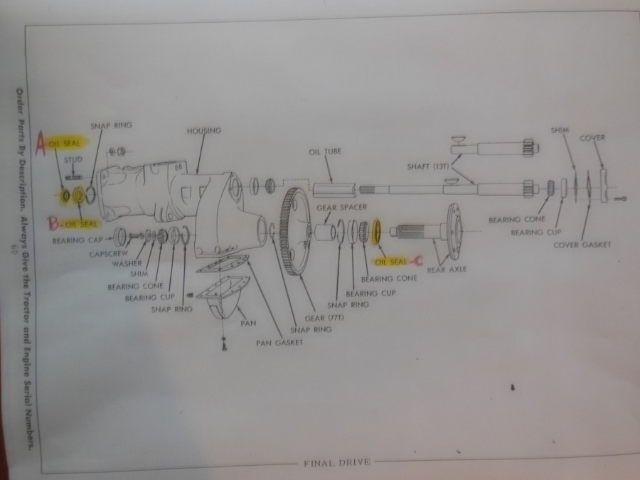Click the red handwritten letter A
(41, 143)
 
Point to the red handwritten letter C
(417, 260)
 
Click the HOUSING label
(203, 131)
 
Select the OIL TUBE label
(325, 152)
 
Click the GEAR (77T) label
(324, 318)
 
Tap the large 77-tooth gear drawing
(294, 231)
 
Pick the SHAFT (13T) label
(428, 166)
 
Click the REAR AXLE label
(447, 270)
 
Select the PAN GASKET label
(279, 343)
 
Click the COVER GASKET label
(582, 245)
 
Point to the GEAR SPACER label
(341, 208)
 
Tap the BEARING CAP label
(78, 240)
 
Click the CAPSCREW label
(109, 254)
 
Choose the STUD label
(73, 159)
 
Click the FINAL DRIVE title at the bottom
(337, 463)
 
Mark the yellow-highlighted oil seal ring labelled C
(376, 231)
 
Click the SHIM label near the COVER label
(560, 130)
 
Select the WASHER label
(127, 264)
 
